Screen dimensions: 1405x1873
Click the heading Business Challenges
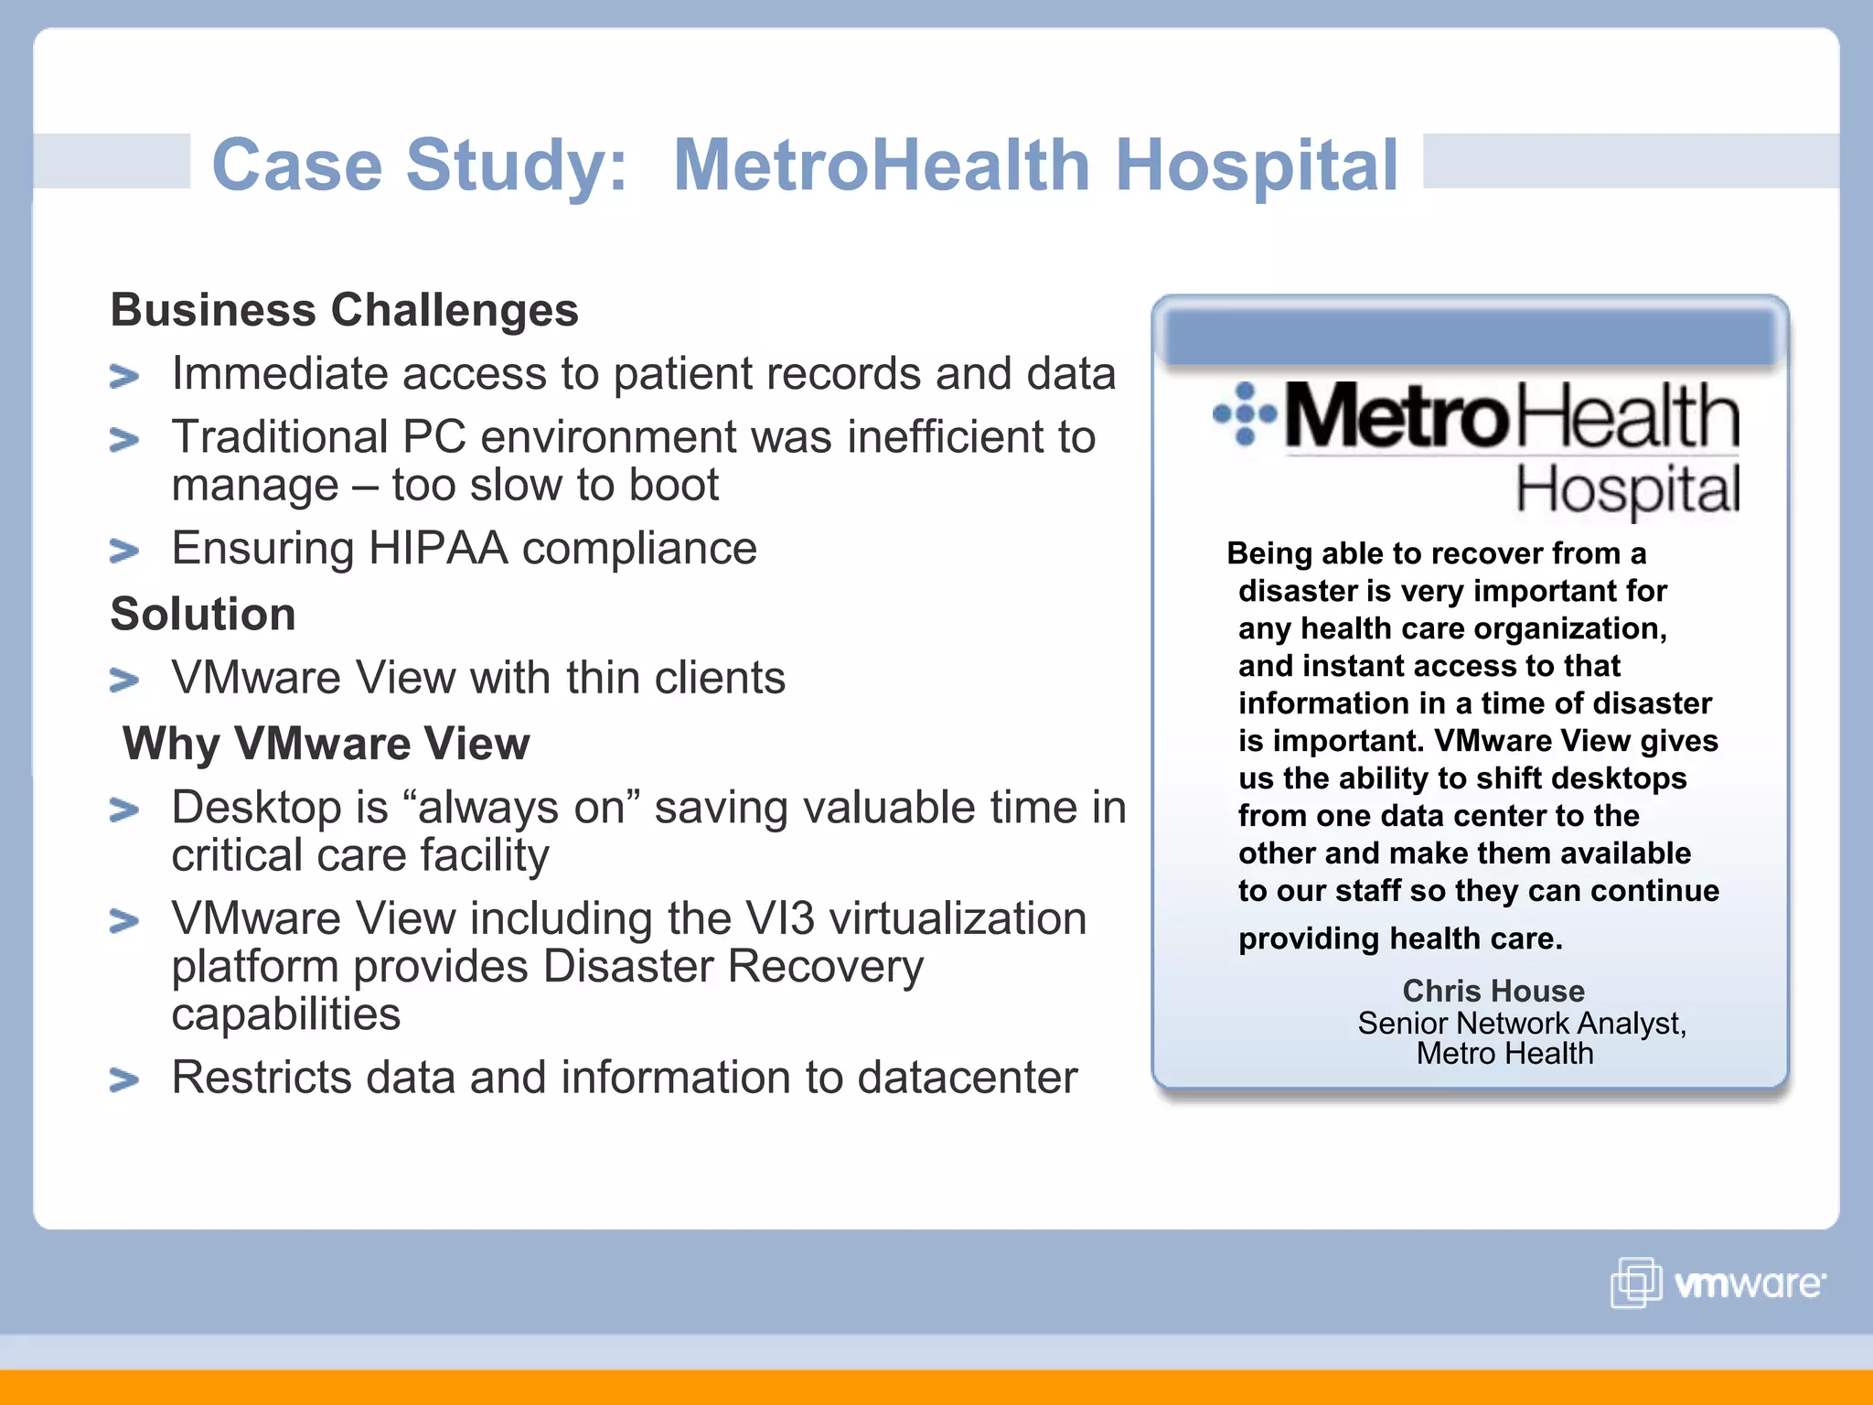click(344, 310)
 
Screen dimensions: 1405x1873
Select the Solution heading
click(203, 614)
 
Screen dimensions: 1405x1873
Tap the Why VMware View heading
click(326, 744)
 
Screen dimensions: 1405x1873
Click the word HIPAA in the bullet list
click(437, 549)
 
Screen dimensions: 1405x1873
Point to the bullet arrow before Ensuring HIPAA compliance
click(123, 551)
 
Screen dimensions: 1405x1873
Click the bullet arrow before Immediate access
click(123, 376)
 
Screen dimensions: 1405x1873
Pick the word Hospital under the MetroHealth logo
click(1627, 489)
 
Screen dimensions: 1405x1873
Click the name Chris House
click(1493, 991)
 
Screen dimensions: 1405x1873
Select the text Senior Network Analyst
click(1521, 1023)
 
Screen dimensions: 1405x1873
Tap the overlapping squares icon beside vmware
click(1635, 1282)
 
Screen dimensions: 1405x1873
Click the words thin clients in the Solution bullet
click(675, 679)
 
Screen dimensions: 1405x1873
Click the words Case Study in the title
click(419, 166)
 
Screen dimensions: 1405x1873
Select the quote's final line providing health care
click(1399, 938)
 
